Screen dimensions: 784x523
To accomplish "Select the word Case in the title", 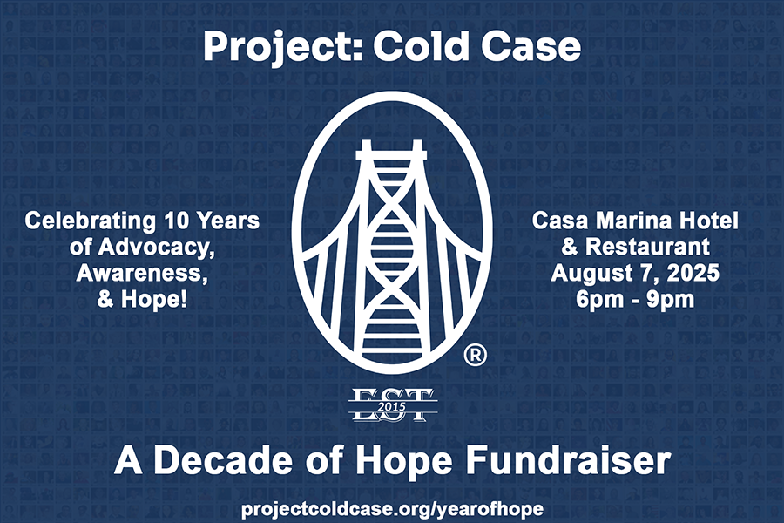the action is tap(531, 46).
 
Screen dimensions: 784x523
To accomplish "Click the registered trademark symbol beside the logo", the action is tap(475, 355).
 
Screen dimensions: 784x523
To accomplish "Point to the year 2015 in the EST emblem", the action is tap(393, 406).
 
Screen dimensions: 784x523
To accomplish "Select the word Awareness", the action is tap(142, 273).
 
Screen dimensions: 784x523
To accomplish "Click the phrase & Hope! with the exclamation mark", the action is tap(142, 299).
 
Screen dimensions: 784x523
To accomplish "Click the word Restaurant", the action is tap(647, 247).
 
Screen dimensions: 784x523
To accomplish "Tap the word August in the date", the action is tap(592, 273).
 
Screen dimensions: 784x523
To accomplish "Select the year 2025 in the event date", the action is tap(693, 273).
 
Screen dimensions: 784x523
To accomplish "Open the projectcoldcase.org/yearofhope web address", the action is tap(392, 509).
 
